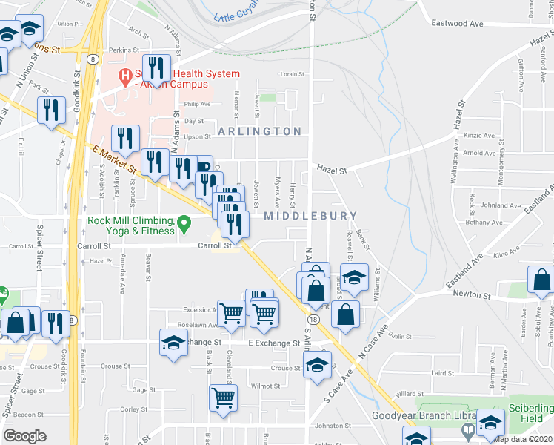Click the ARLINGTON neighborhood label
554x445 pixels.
tap(259, 131)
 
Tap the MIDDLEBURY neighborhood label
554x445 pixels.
tap(310, 216)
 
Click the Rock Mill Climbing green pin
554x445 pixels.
tap(186, 220)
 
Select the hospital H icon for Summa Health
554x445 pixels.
tap(125, 74)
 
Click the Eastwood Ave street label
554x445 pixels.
tap(458, 24)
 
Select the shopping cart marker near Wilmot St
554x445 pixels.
tap(223, 398)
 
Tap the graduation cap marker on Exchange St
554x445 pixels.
tap(174, 342)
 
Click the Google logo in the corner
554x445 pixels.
tap(24, 436)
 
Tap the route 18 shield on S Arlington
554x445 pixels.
tap(314, 319)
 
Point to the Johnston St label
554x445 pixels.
tap(331, 426)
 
